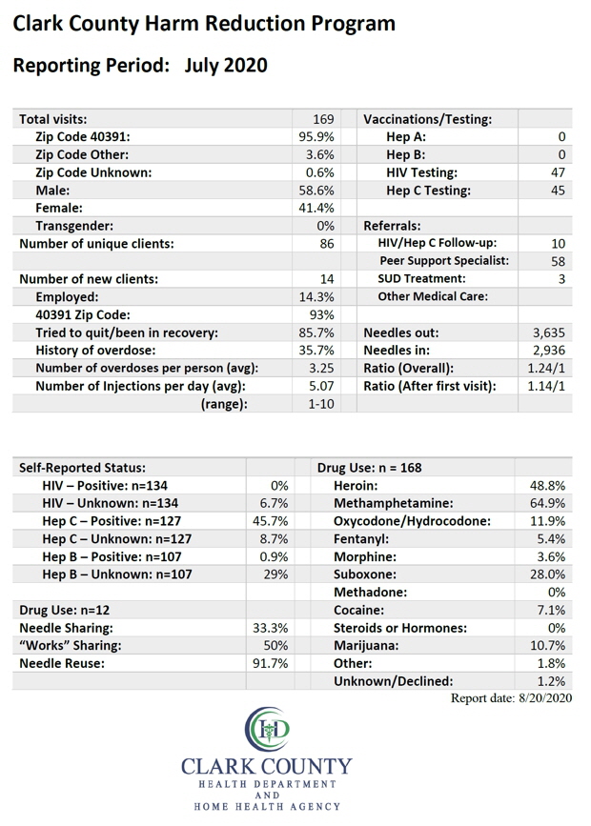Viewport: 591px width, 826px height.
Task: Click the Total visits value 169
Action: [323, 119]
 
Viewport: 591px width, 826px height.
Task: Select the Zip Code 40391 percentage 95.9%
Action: [316, 137]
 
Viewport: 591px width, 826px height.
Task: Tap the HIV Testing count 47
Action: [558, 172]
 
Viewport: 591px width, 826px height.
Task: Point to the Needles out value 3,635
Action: [549, 332]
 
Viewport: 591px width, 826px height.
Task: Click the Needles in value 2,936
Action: [549, 351]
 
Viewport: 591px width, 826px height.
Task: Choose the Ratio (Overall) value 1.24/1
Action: [546, 369]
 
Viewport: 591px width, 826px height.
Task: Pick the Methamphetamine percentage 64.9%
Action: [547, 503]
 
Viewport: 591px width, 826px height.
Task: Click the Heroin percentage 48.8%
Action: [547, 485]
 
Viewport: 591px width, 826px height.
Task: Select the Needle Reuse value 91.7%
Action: [271, 663]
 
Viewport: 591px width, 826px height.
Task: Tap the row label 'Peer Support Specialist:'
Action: [444, 261]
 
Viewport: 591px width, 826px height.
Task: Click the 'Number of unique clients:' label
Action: [96, 244]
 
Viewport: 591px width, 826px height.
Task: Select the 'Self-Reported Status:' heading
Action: [82, 468]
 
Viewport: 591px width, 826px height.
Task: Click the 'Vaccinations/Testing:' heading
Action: [428, 119]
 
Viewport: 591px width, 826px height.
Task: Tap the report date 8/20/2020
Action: [545, 698]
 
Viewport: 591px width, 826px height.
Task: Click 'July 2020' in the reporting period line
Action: [226, 66]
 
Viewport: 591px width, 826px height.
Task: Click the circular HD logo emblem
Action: [267, 729]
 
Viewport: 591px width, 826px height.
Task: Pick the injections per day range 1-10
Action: [320, 404]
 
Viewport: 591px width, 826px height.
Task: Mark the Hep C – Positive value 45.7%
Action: [271, 521]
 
